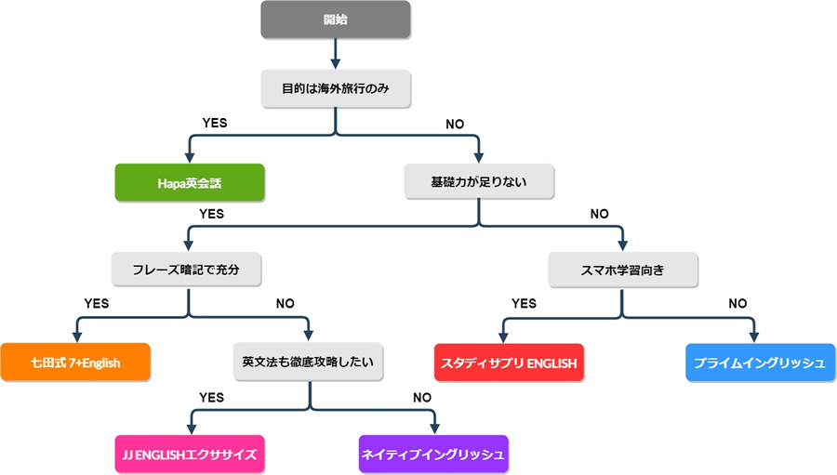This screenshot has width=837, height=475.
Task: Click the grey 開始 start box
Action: pos(335,20)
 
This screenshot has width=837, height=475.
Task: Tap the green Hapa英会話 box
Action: pos(190,182)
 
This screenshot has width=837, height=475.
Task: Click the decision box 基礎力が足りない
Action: pos(479,181)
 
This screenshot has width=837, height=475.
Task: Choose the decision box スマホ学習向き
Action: pos(622,270)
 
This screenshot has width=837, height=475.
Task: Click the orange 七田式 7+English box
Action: pos(75,363)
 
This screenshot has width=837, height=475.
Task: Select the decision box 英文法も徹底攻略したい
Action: pos(309,362)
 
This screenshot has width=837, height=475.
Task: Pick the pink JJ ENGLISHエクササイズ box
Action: pos(190,455)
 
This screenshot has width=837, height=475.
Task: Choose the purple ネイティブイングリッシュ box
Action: pos(433,455)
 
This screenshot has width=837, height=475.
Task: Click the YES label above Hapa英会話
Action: pos(215,123)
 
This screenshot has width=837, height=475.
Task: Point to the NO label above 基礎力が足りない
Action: pos(457,123)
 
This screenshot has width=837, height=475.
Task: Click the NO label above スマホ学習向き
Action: pos(600,214)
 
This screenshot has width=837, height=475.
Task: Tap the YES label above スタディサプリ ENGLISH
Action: pos(525,303)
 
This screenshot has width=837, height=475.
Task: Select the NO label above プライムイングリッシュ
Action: pos(737,303)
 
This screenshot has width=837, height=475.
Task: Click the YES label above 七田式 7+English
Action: pos(97,303)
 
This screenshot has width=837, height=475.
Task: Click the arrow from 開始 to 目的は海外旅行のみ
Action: pos(335,54)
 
